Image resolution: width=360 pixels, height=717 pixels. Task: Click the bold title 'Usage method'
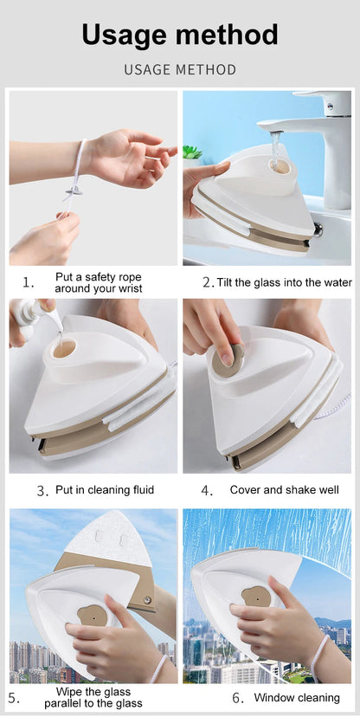[180, 35]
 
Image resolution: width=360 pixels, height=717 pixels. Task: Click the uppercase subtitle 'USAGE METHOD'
[180, 69]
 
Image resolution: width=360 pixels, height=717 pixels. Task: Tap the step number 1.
[28, 282]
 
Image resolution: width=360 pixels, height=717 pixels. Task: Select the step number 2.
[208, 282]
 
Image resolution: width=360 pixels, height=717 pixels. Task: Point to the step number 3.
[42, 490]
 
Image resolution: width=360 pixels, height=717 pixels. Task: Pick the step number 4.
[207, 490]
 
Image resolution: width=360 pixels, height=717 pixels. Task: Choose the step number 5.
[14, 697]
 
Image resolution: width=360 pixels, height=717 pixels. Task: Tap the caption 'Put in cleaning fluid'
[105, 490]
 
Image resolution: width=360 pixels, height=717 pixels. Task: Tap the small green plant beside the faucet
[192, 153]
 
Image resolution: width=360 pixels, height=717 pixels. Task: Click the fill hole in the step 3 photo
[65, 349]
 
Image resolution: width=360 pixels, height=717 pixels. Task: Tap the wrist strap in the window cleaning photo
[320, 656]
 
